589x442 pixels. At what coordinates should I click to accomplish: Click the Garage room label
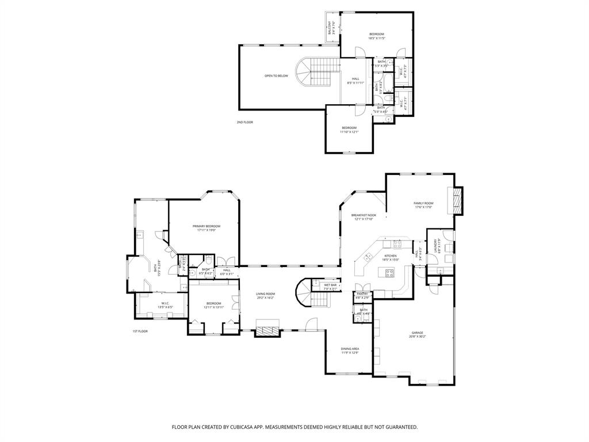418,334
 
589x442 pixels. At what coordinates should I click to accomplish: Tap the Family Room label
423,203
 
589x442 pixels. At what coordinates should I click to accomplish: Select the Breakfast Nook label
363,215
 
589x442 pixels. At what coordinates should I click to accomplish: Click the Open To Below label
276,76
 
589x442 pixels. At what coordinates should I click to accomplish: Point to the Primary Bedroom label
206,226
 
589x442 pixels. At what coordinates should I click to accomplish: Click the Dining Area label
350,349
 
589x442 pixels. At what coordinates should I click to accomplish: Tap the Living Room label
265,294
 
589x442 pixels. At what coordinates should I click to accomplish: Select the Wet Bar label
330,285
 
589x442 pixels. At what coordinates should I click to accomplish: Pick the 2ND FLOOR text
244,122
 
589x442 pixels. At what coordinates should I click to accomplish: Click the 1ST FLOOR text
140,331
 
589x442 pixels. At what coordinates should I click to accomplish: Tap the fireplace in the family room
457,200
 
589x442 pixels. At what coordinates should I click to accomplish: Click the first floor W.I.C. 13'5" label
165,303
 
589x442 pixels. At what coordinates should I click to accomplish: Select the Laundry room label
439,246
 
